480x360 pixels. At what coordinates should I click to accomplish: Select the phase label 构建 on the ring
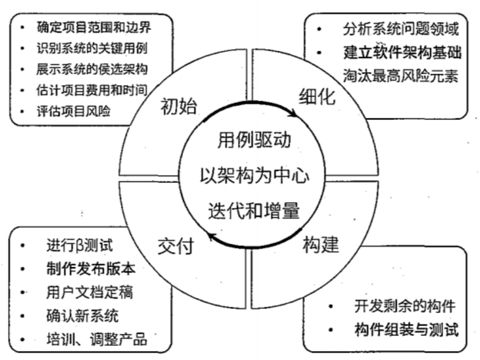click(321, 244)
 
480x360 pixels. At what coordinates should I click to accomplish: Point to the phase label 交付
click(176, 247)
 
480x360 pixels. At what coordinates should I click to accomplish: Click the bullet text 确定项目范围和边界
click(94, 26)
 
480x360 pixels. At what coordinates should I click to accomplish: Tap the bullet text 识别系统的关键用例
click(92, 47)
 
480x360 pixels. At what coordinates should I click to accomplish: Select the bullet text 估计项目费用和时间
click(93, 89)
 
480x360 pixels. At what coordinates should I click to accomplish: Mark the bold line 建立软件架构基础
click(403, 52)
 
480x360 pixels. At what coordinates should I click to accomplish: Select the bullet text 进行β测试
click(80, 245)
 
